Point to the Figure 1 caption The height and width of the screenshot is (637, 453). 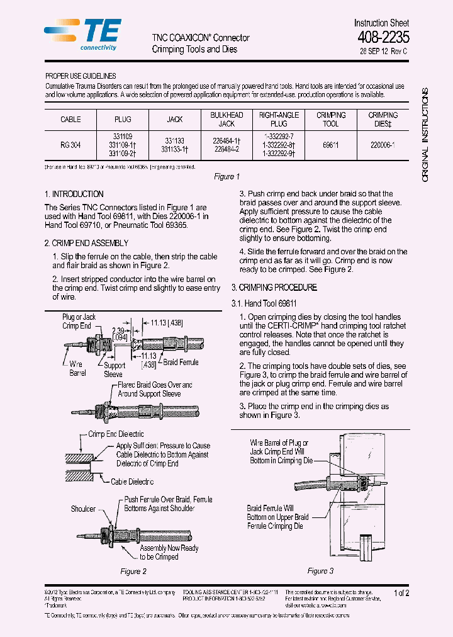click(226, 177)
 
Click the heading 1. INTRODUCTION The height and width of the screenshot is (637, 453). click(74, 194)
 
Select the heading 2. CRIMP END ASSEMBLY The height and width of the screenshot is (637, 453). click(86, 243)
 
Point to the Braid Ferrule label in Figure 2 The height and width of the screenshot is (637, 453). click(181, 363)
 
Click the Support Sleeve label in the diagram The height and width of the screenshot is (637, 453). click(114, 369)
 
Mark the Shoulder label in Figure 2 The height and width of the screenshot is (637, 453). click(83, 509)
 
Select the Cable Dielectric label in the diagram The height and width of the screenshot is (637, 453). click(132, 482)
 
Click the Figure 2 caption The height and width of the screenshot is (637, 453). click(133, 572)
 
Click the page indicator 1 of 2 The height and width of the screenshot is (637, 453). click(401, 593)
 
